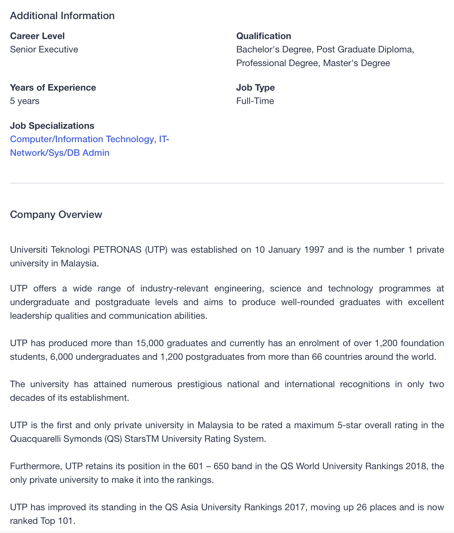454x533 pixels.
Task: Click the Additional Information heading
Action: click(62, 16)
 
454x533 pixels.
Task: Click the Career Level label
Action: click(37, 36)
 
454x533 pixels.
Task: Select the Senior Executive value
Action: click(44, 49)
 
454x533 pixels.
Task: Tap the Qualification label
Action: click(264, 36)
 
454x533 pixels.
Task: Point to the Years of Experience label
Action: click(53, 87)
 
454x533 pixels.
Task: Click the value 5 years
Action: click(25, 101)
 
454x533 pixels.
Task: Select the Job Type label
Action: click(255, 87)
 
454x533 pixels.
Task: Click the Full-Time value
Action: click(255, 101)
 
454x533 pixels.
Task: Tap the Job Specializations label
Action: click(52, 126)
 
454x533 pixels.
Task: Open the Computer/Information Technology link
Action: click(82, 139)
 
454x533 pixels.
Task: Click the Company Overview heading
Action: click(56, 215)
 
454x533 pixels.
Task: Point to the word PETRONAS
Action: click(117, 250)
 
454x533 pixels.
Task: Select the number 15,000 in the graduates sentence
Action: click(150, 343)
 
